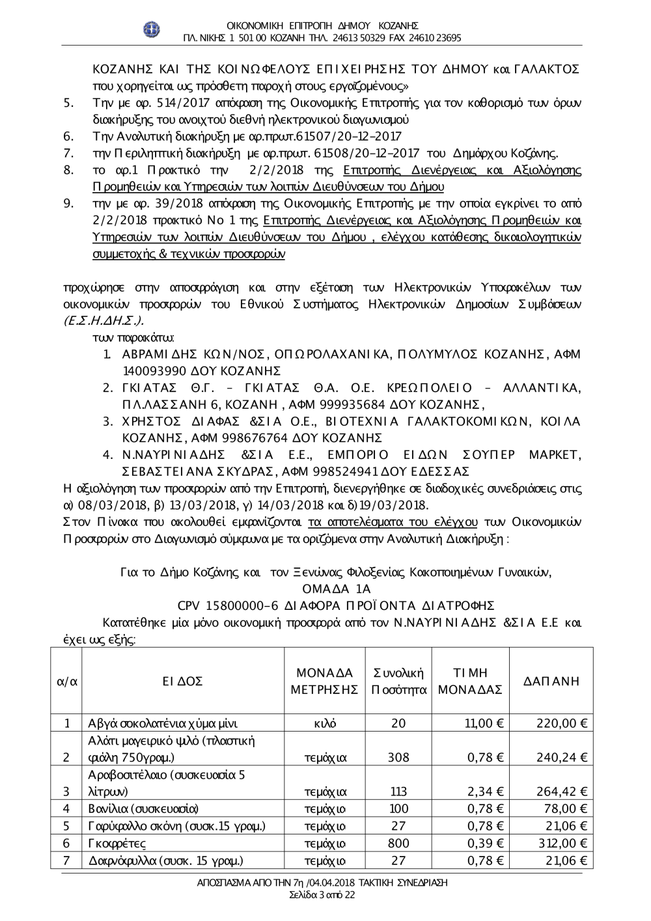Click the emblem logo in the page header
(152, 29)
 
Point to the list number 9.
(68, 203)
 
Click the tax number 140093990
(154, 371)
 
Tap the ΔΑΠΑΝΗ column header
(551, 681)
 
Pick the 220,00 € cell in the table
(562, 723)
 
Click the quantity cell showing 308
(398, 757)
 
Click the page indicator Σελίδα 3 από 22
(322, 894)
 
